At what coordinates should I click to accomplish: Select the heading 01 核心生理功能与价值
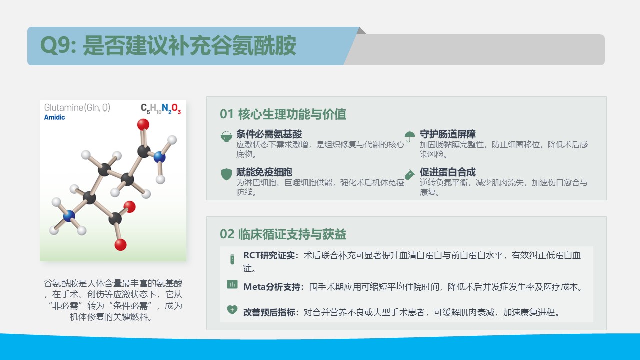pyautogui.click(x=283, y=114)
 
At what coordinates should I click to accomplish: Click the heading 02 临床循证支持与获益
pyautogui.click(x=283, y=234)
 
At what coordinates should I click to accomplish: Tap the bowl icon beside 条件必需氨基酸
pyautogui.click(x=226, y=136)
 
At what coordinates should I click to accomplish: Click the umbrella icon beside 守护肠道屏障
pyautogui.click(x=410, y=136)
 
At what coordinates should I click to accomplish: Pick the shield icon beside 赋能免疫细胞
pyautogui.click(x=226, y=174)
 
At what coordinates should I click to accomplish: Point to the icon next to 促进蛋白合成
pyautogui.click(x=410, y=174)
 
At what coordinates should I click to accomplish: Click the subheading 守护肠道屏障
pyautogui.click(x=447, y=134)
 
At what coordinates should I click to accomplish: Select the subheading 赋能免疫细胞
pyautogui.click(x=264, y=172)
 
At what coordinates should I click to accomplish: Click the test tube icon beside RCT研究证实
pyautogui.click(x=232, y=259)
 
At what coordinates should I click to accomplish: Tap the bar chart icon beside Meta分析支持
pyautogui.click(x=232, y=284)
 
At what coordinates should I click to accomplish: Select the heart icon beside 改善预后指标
pyautogui.click(x=232, y=310)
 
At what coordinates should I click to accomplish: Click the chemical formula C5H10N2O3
pyautogui.click(x=161, y=109)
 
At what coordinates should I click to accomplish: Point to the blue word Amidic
pyautogui.click(x=54, y=117)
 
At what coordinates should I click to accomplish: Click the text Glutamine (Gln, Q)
pyautogui.click(x=77, y=107)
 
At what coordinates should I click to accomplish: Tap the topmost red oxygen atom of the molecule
pyautogui.click(x=143, y=124)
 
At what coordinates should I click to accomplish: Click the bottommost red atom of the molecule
pyautogui.click(x=120, y=245)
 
